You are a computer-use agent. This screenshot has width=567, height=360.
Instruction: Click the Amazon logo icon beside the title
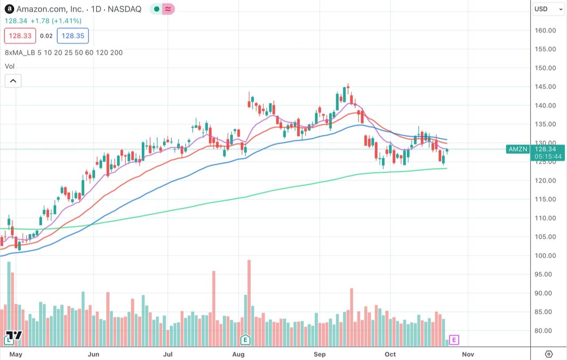point(9,9)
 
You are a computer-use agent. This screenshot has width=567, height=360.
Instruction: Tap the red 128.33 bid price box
point(20,36)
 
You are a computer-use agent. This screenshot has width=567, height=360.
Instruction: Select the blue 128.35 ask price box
point(73,36)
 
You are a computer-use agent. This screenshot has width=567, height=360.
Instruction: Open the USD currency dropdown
point(548,9)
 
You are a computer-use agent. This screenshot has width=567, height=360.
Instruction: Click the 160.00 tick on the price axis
point(545,31)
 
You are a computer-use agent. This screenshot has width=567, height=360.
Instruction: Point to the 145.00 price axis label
point(545,87)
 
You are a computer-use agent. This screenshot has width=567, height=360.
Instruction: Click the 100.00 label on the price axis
point(545,255)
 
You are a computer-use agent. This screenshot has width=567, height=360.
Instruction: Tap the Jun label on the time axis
point(93,354)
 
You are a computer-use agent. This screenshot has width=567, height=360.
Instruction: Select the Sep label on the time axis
point(319,354)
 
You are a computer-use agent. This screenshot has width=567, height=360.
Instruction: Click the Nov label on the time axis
point(468,354)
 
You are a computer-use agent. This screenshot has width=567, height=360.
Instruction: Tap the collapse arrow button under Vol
point(13,81)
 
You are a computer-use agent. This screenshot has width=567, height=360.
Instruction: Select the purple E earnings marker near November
point(454,340)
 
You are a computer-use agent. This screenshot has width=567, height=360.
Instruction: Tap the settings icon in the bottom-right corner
point(548,354)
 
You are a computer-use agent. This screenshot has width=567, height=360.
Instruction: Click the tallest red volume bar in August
point(249,301)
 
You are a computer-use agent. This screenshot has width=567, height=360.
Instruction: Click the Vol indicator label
point(9,66)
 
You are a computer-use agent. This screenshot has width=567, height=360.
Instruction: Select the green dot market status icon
point(156,9)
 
